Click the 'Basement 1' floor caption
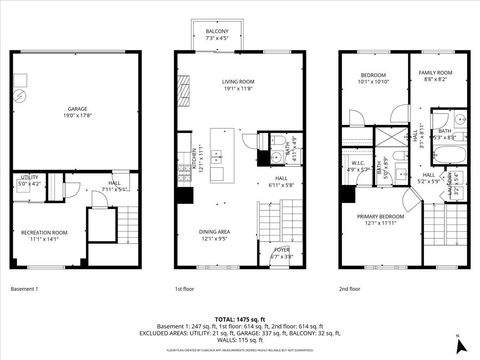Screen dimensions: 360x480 tap(25, 289)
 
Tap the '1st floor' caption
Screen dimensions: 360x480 tap(185, 289)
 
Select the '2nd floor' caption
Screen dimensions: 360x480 tap(350, 289)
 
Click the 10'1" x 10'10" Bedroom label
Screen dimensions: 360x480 tap(374, 77)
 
